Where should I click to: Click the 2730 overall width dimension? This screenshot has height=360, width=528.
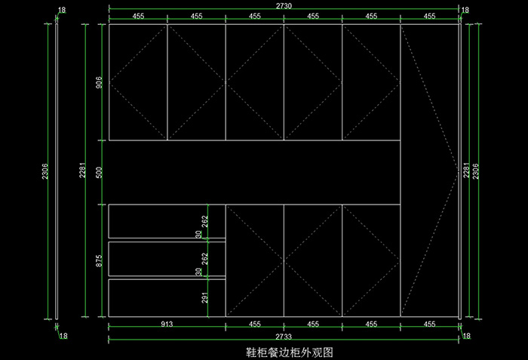(284, 5)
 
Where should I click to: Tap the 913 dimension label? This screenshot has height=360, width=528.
(167, 324)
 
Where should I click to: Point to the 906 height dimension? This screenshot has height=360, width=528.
(99, 82)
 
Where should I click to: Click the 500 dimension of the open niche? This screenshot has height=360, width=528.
(99, 172)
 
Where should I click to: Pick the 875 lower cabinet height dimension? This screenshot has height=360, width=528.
(99, 260)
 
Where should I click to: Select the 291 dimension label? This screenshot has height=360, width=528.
(205, 297)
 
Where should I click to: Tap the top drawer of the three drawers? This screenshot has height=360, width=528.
(167, 221)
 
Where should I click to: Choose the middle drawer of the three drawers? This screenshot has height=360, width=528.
(167, 259)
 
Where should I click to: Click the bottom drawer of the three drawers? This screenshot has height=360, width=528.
(167, 297)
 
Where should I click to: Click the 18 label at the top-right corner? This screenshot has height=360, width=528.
(465, 11)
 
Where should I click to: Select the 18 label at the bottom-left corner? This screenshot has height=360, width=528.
(63, 335)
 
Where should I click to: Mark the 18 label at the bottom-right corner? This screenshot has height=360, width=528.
(466, 335)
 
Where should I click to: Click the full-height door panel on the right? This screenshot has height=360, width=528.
(429, 171)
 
